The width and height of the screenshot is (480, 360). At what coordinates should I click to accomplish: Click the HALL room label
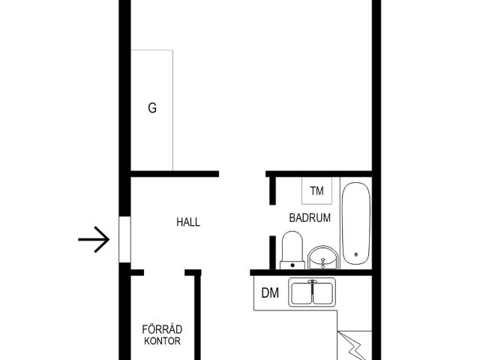coord(188,222)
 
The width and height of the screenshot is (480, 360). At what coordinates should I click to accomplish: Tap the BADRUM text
coord(310,217)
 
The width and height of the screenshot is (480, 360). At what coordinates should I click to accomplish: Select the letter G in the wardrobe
coord(152,108)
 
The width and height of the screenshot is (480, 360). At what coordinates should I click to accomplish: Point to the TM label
coord(316,191)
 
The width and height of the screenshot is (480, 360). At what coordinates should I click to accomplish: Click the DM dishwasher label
coord(270,293)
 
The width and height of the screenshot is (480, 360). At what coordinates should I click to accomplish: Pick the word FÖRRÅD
coord(162,329)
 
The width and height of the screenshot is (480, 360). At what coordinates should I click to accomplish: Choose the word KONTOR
coord(162,340)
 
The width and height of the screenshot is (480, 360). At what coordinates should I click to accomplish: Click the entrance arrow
coord(94,239)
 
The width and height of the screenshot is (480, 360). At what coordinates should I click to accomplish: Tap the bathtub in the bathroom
coord(356,223)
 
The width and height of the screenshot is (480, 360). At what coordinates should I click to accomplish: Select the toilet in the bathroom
coord(292,250)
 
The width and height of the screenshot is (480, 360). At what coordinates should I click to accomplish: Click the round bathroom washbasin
coord(323,258)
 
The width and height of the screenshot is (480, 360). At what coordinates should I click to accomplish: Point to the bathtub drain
coord(356,254)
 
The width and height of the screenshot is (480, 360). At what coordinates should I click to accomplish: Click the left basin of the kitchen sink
coord(301,293)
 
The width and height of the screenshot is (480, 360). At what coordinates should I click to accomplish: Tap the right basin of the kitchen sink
coord(323,293)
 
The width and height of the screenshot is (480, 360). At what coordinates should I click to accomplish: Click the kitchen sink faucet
coord(312,286)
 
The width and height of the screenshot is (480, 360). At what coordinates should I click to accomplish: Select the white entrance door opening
coord(124,239)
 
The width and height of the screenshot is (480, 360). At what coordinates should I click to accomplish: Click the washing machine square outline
coord(316,190)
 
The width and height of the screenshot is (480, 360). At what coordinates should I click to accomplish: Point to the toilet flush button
coord(292,265)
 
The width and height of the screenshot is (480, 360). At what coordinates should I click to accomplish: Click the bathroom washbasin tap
coord(323,263)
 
